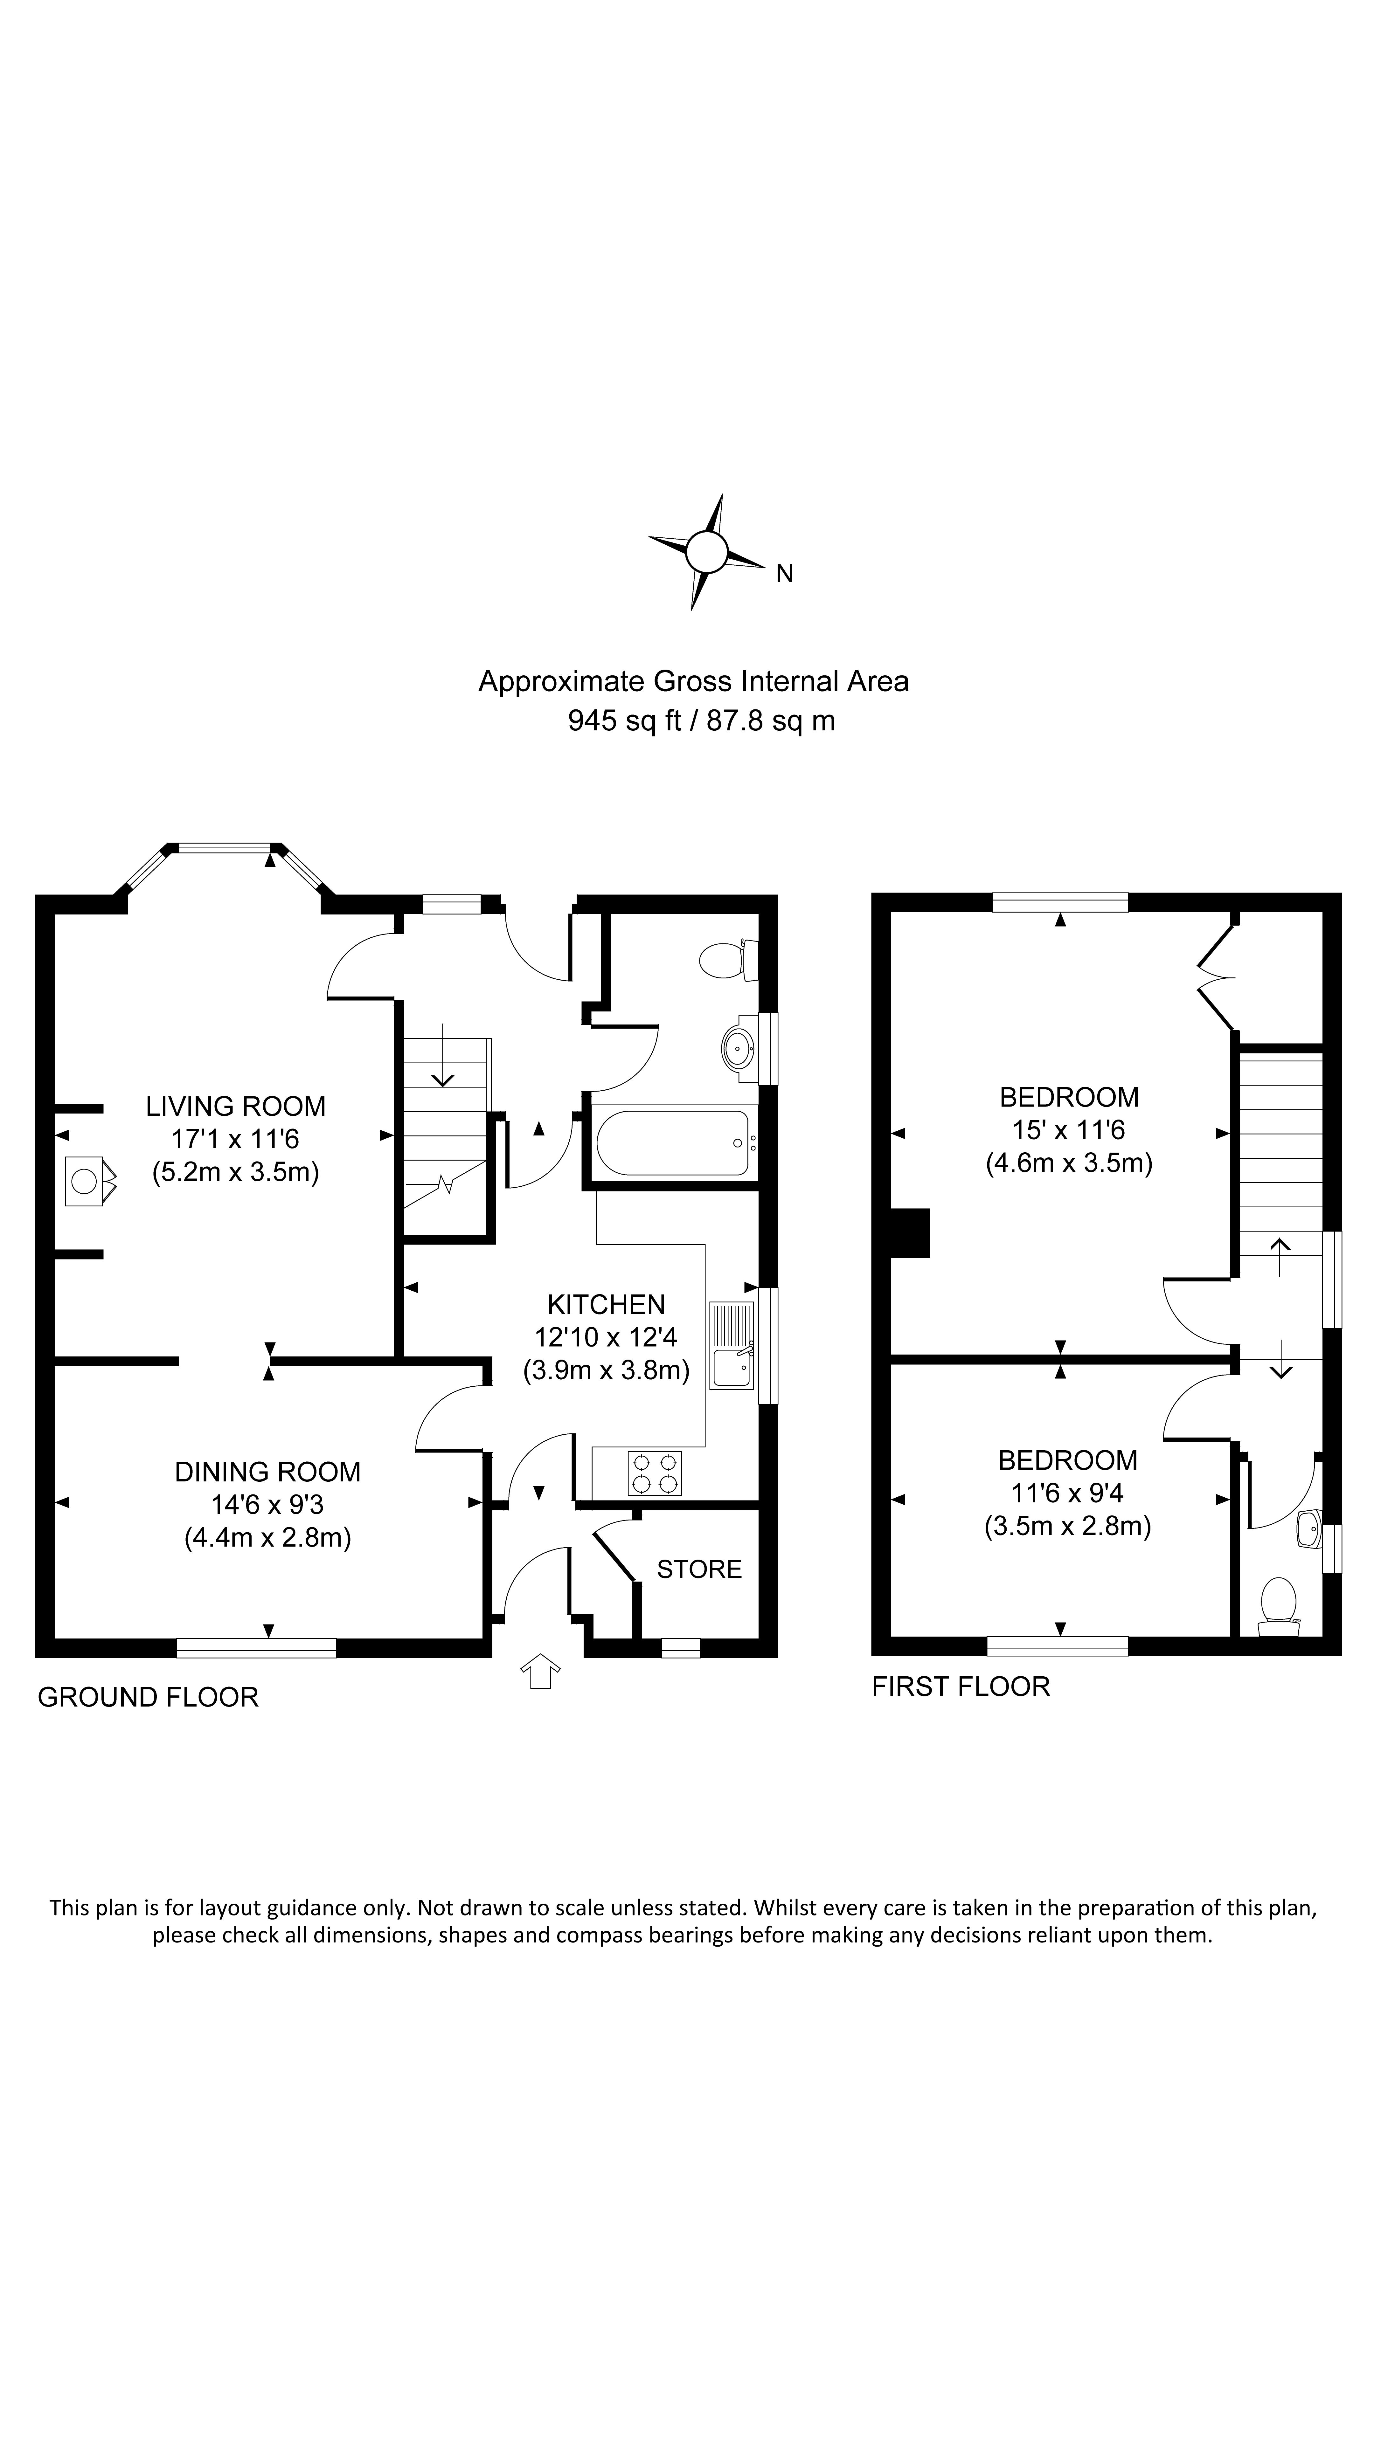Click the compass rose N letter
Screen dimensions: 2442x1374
click(784, 574)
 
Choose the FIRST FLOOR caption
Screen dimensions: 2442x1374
click(961, 1687)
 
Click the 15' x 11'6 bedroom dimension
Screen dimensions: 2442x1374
click(1069, 1130)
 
